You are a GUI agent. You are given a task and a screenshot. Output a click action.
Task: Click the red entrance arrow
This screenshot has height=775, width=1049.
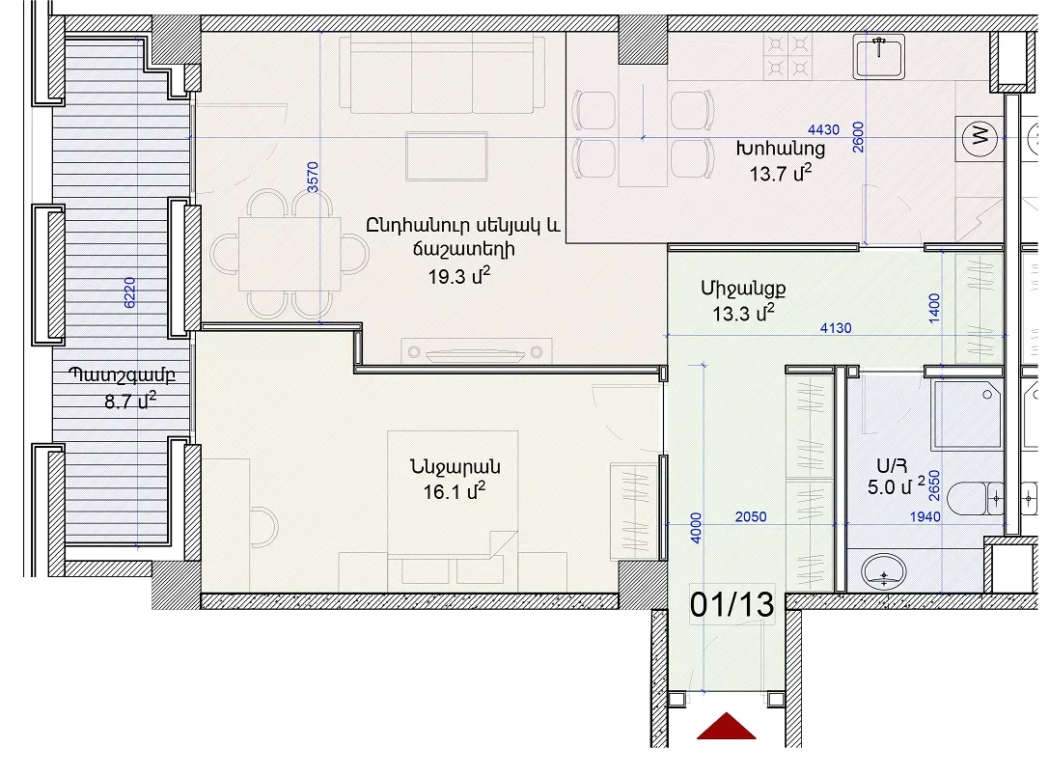[x=727, y=728]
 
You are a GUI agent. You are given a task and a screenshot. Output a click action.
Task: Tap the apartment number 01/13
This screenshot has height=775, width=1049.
[x=732, y=605]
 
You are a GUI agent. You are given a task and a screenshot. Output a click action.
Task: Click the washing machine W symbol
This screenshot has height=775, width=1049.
[x=980, y=139]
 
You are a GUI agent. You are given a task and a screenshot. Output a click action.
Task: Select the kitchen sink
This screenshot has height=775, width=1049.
[x=879, y=57]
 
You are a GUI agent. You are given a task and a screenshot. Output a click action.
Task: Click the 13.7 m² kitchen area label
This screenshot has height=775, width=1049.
[x=780, y=174]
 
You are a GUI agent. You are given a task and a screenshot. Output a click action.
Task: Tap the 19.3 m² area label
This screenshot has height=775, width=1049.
[x=459, y=275]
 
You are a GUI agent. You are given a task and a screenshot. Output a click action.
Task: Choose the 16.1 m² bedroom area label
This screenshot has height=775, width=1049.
[x=454, y=491]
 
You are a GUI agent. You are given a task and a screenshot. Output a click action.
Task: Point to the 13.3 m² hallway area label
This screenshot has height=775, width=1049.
[x=743, y=313]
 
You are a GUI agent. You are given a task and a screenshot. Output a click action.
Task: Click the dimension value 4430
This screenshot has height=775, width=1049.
[x=823, y=130]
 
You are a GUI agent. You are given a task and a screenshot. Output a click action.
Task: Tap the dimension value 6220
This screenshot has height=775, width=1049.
[x=129, y=292]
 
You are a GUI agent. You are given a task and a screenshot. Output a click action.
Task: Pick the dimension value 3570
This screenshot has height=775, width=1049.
[x=313, y=178]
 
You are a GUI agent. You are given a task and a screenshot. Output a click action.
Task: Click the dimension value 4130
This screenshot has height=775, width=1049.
[x=837, y=328]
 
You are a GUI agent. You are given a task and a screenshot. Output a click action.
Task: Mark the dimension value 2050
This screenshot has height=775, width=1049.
[x=751, y=516]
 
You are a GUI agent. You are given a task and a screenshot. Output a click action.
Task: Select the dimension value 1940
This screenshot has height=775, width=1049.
[x=925, y=516]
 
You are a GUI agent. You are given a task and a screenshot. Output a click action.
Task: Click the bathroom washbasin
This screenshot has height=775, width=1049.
[x=884, y=572]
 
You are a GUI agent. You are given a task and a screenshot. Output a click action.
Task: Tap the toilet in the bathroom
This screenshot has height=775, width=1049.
[x=976, y=499]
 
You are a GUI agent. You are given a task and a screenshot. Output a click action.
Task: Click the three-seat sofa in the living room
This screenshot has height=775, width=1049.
[x=442, y=73]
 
